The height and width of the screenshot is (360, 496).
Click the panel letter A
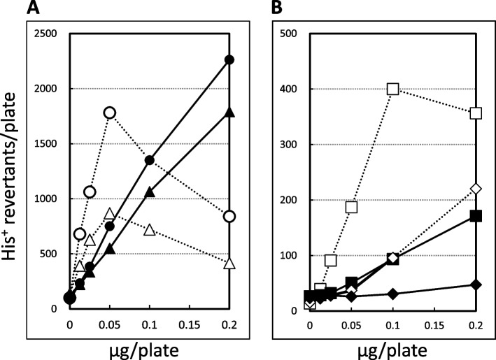[x=33, y=8]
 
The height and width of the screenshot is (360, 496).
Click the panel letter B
[x=277, y=8]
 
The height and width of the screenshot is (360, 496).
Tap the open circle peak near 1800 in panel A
[x=110, y=113]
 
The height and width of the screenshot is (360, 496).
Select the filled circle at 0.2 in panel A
[x=229, y=59]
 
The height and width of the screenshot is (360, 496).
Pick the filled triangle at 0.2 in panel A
[x=229, y=113]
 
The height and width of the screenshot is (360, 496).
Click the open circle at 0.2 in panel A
[x=229, y=217]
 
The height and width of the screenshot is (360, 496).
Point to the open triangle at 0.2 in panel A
[x=229, y=263]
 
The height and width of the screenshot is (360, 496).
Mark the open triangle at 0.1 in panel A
[x=150, y=229]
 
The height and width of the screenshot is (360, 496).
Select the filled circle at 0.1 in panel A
[x=150, y=160]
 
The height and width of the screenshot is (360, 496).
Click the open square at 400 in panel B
[x=393, y=89]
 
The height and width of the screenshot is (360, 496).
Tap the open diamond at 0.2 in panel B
[x=476, y=189]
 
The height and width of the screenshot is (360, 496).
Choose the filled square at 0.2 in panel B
[x=476, y=216]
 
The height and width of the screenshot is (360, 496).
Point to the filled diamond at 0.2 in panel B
[x=476, y=285]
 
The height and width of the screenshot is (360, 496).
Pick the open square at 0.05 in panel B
[x=351, y=207]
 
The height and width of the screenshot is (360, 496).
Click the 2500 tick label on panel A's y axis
[x=45, y=33]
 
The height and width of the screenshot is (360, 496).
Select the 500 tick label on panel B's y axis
[x=288, y=33]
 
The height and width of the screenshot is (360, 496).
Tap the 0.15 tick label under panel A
[x=189, y=325]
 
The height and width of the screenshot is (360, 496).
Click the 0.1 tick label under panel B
[x=393, y=325]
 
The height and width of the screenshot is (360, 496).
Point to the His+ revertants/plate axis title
[x=9, y=176]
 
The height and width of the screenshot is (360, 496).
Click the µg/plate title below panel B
[x=392, y=350]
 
